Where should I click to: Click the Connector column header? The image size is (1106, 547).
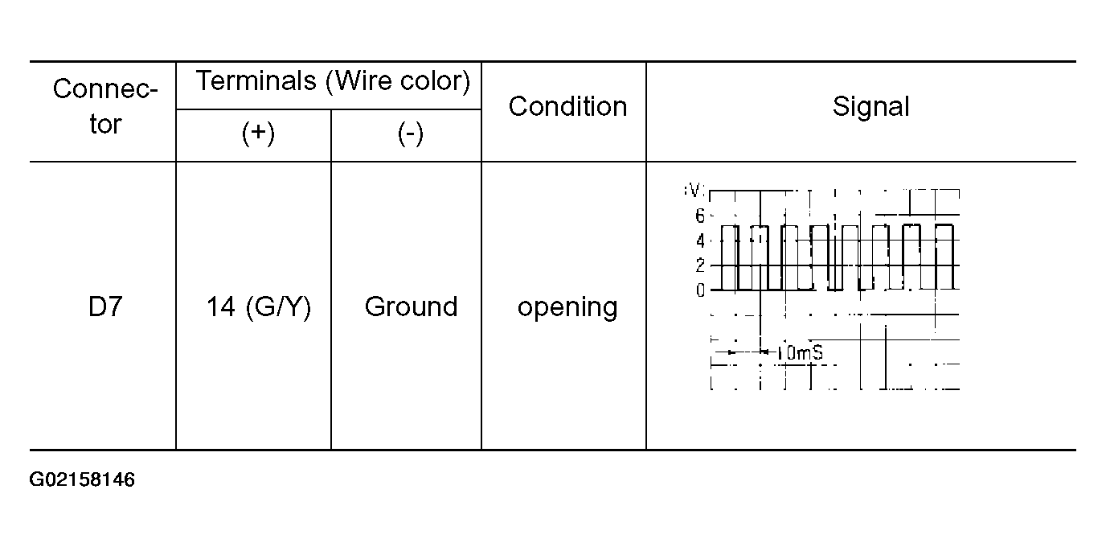pyautogui.click(x=104, y=106)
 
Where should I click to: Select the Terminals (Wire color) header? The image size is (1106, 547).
pyautogui.click(x=333, y=81)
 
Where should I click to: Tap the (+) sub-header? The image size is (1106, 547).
pyautogui.click(x=258, y=134)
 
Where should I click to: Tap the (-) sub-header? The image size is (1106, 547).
pyautogui.click(x=410, y=134)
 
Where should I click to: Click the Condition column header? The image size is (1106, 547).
pyautogui.click(x=567, y=106)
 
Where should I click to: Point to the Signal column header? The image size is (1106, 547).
pyautogui.click(x=870, y=106)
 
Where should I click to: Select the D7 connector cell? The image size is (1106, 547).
pyautogui.click(x=104, y=306)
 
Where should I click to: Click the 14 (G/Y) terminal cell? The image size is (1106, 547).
pyautogui.click(x=258, y=306)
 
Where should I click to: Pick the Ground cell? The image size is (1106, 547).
pyautogui.click(x=411, y=306)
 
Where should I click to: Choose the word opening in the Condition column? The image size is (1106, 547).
pyautogui.click(x=567, y=307)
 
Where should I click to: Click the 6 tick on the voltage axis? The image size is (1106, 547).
pyautogui.click(x=700, y=216)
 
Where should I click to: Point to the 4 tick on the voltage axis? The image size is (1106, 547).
pyautogui.click(x=700, y=241)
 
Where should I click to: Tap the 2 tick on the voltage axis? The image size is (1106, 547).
pyautogui.click(x=700, y=265)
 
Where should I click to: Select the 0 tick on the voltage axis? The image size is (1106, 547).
pyautogui.click(x=700, y=290)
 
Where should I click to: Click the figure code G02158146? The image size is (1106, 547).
pyautogui.click(x=82, y=481)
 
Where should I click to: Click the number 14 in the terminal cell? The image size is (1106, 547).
pyautogui.click(x=220, y=306)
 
